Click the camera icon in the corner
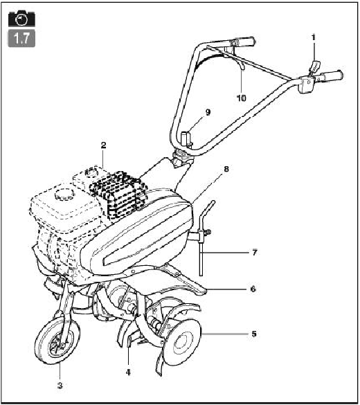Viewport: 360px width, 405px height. (21, 19)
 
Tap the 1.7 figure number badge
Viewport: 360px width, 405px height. (21, 38)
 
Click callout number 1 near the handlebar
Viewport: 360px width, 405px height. (314, 37)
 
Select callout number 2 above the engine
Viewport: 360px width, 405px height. (103, 145)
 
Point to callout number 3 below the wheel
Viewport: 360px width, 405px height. (60, 386)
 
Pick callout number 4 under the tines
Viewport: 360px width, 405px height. (128, 372)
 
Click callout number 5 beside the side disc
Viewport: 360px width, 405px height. (254, 334)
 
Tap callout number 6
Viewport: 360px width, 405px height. (253, 289)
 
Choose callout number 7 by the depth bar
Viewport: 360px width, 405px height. (255, 253)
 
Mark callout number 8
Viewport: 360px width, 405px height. (226, 169)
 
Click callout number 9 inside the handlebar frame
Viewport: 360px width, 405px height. (208, 112)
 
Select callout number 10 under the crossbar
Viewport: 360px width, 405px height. (242, 98)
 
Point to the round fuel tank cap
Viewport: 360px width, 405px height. (63, 194)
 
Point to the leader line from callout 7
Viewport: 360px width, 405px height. (224, 252)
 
